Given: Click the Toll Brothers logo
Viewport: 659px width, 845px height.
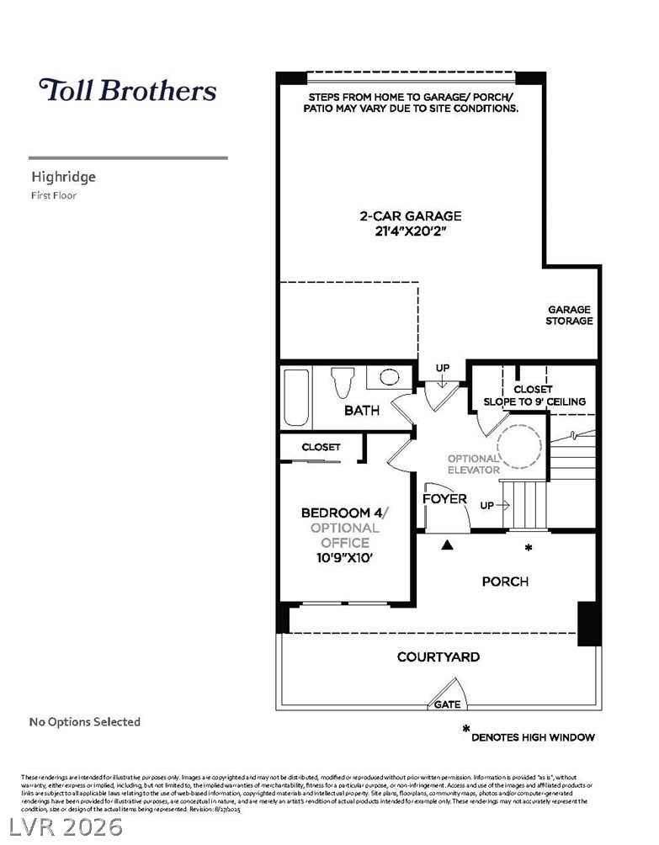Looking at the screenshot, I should click(x=128, y=90).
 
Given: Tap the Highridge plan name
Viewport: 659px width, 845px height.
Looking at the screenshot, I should click(x=64, y=177).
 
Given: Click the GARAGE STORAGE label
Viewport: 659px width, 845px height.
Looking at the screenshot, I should click(x=569, y=315).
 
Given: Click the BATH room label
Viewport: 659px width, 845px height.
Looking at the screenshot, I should click(x=362, y=411).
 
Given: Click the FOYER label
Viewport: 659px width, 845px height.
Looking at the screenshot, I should click(x=444, y=499).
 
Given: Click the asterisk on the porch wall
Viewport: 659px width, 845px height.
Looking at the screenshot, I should click(x=529, y=548).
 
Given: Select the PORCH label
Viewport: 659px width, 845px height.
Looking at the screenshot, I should click(x=505, y=582).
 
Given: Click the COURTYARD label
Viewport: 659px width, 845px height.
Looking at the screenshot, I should click(x=438, y=656).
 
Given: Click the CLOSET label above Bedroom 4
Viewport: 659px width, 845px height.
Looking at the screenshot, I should click(x=322, y=447).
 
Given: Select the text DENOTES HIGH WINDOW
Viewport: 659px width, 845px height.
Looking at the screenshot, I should click(x=533, y=737).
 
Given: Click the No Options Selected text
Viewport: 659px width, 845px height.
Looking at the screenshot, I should click(x=85, y=721).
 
